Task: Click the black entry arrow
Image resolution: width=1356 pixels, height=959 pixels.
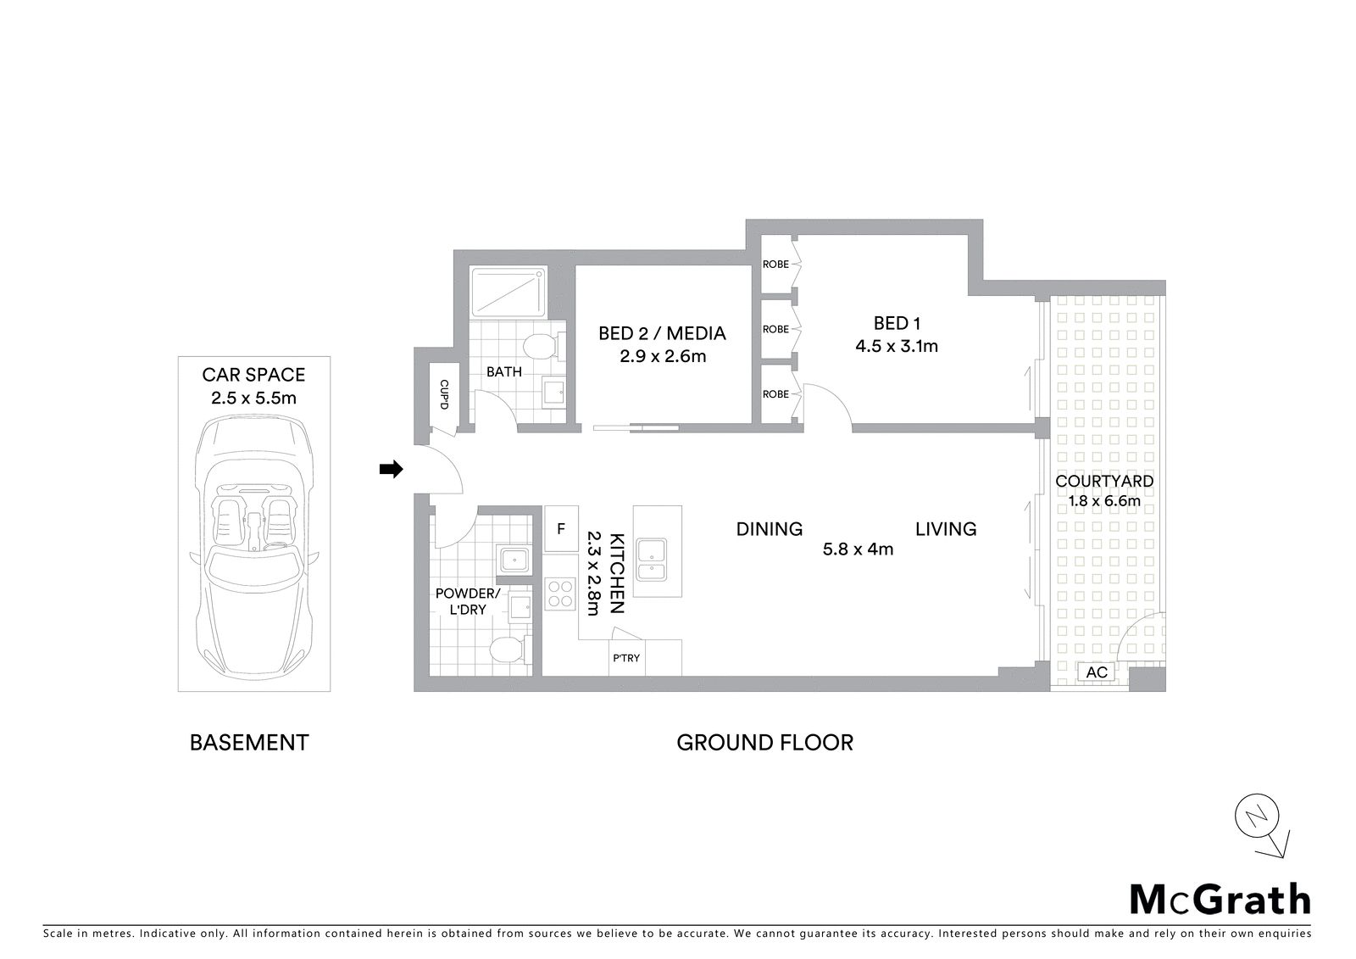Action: (x=391, y=469)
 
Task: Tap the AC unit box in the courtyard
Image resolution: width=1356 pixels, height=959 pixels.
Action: (x=1097, y=672)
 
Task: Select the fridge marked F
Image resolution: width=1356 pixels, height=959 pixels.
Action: (x=561, y=529)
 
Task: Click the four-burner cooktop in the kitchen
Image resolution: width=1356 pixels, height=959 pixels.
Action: (x=559, y=594)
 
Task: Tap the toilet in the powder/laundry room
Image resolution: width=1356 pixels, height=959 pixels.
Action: (x=509, y=651)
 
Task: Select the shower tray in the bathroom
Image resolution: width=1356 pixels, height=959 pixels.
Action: (x=509, y=293)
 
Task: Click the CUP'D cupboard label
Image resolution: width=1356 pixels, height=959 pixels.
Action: (x=444, y=394)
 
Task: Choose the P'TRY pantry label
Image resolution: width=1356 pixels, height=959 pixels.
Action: (x=626, y=658)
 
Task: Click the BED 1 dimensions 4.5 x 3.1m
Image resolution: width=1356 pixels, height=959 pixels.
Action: (x=897, y=346)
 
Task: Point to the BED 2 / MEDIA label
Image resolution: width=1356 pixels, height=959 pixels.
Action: (x=662, y=333)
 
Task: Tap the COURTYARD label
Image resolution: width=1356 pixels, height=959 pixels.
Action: (x=1104, y=481)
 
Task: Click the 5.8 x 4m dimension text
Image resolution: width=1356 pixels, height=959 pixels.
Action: (x=858, y=549)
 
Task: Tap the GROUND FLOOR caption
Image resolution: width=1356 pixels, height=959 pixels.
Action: (x=764, y=743)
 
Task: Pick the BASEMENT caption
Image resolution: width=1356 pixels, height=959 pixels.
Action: (x=249, y=743)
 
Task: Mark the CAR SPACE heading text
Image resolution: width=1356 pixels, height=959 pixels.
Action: (x=253, y=375)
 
